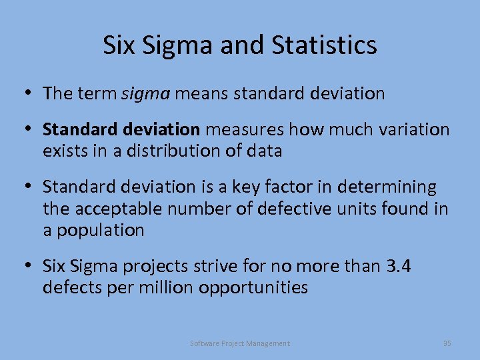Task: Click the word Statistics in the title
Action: [325, 45]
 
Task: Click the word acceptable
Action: [119, 209]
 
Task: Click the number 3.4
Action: [398, 267]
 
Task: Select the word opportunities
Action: [253, 288]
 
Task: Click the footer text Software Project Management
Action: [240, 343]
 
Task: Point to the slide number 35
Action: [447, 343]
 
